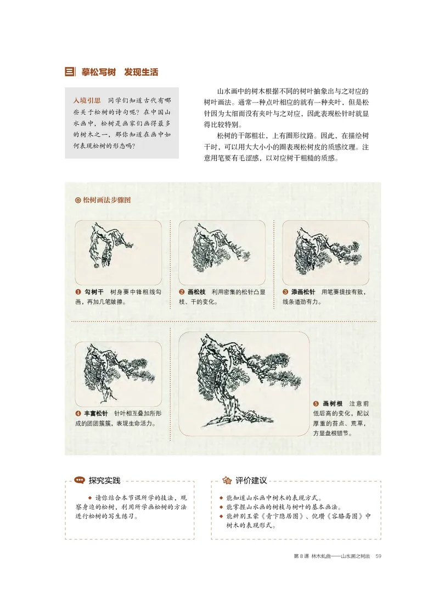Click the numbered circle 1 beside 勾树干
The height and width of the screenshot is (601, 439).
click(x=78, y=292)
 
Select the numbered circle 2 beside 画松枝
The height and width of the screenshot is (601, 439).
click(x=182, y=292)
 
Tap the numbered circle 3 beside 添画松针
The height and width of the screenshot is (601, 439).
click(x=285, y=292)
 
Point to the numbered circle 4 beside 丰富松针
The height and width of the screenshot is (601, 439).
click(x=78, y=414)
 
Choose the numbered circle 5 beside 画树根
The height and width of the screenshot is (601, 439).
click(x=316, y=404)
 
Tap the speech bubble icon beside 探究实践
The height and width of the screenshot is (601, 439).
click(x=79, y=481)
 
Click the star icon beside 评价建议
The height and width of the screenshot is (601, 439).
click(x=227, y=481)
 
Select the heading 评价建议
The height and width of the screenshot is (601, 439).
click(x=251, y=481)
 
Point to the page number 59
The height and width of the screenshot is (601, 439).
click(x=378, y=557)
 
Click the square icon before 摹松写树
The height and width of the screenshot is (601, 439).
click(x=70, y=72)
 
